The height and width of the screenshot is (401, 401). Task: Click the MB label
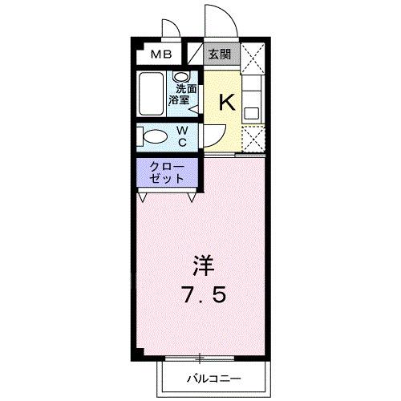pyautogui.click(x=163, y=55)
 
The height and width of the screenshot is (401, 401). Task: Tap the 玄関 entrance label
pyautogui.click(x=220, y=55)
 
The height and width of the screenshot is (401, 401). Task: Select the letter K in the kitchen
pyautogui.click(x=227, y=102)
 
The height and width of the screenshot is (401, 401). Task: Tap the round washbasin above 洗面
pyautogui.click(x=180, y=77)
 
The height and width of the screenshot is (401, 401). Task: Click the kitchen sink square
pyautogui.click(x=252, y=111)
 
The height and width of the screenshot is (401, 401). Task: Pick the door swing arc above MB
pyautogui.click(x=171, y=30)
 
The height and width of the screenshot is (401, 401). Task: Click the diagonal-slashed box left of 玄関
pyautogui.click(x=195, y=55)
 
